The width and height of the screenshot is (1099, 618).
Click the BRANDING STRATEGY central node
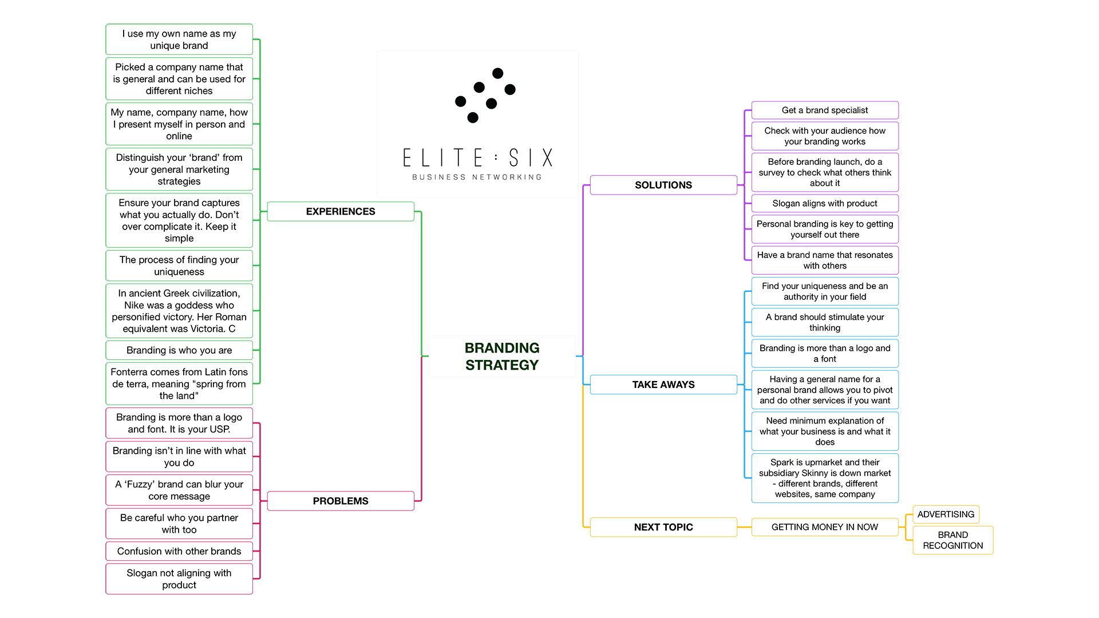pyautogui.click(x=501, y=356)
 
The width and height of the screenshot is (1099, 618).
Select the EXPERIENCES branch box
pyautogui.click(x=341, y=211)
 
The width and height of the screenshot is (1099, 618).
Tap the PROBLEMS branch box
pyautogui.click(x=341, y=501)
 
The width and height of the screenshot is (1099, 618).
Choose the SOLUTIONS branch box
pyautogui.click(x=663, y=185)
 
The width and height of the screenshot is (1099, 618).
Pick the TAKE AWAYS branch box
pyautogui.click(x=663, y=385)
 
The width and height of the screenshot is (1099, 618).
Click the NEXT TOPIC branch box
pyautogui.click(x=663, y=527)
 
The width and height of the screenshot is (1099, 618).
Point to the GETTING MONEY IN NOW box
pyautogui.click(x=824, y=527)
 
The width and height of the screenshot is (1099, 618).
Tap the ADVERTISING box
pyautogui.click(x=946, y=514)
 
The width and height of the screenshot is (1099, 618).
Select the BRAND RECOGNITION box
pyautogui.click(x=952, y=540)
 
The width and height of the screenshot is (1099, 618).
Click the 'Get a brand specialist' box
pyautogui.click(x=824, y=110)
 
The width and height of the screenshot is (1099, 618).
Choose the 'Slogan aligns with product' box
pyautogui.click(x=824, y=203)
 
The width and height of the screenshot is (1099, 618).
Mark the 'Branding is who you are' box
pyautogui.click(x=179, y=350)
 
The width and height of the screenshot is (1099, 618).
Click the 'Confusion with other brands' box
pyautogui.click(x=179, y=551)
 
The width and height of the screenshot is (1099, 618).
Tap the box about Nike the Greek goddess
pyautogui.click(x=179, y=311)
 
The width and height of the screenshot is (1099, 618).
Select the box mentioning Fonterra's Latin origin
pyautogui.click(x=179, y=383)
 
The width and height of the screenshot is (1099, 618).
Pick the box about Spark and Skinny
pyautogui.click(x=824, y=478)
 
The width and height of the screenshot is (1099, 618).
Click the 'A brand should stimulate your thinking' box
pyautogui.click(x=824, y=322)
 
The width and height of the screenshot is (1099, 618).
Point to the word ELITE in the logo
pyautogui.click(x=443, y=157)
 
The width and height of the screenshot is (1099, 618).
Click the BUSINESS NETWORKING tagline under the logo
pyautogui.click(x=477, y=177)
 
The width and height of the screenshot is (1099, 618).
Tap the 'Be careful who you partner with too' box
pyautogui.click(x=179, y=523)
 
